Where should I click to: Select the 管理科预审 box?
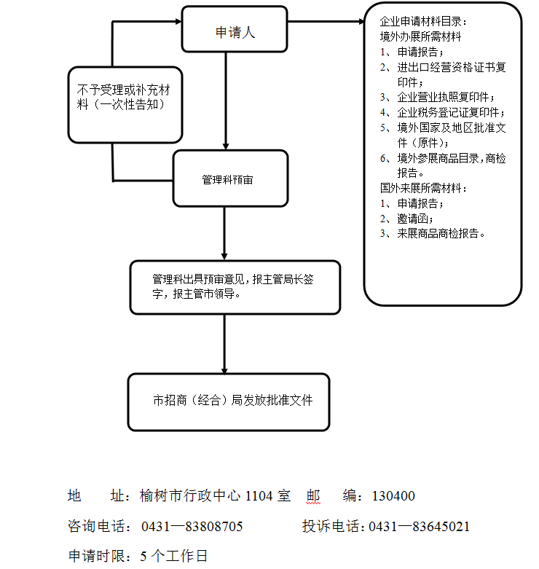click(x=229, y=178)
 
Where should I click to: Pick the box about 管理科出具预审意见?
click(x=235, y=287)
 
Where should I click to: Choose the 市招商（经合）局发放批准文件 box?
click(x=229, y=401)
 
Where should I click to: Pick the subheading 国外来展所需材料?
click(x=424, y=188)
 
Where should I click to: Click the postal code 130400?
click(x=393, y=497)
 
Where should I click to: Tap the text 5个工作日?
click(x=174, y=556)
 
